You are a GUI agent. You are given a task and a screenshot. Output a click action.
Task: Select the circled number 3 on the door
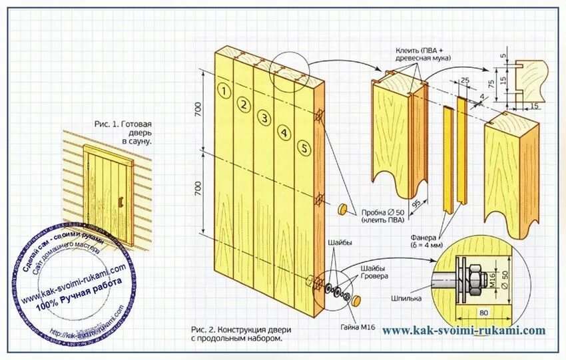tap(264, 118)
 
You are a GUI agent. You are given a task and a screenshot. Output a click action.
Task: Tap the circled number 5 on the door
tap(303, 148)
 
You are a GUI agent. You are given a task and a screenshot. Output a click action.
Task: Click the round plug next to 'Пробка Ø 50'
tap(344, 209)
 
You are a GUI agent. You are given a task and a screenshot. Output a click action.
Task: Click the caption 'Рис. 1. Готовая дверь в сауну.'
tap(124, 132)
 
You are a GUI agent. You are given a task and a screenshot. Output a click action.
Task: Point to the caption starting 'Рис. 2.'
tap(240, 333)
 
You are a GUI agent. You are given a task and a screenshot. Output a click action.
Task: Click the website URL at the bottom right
tap(463, 330)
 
